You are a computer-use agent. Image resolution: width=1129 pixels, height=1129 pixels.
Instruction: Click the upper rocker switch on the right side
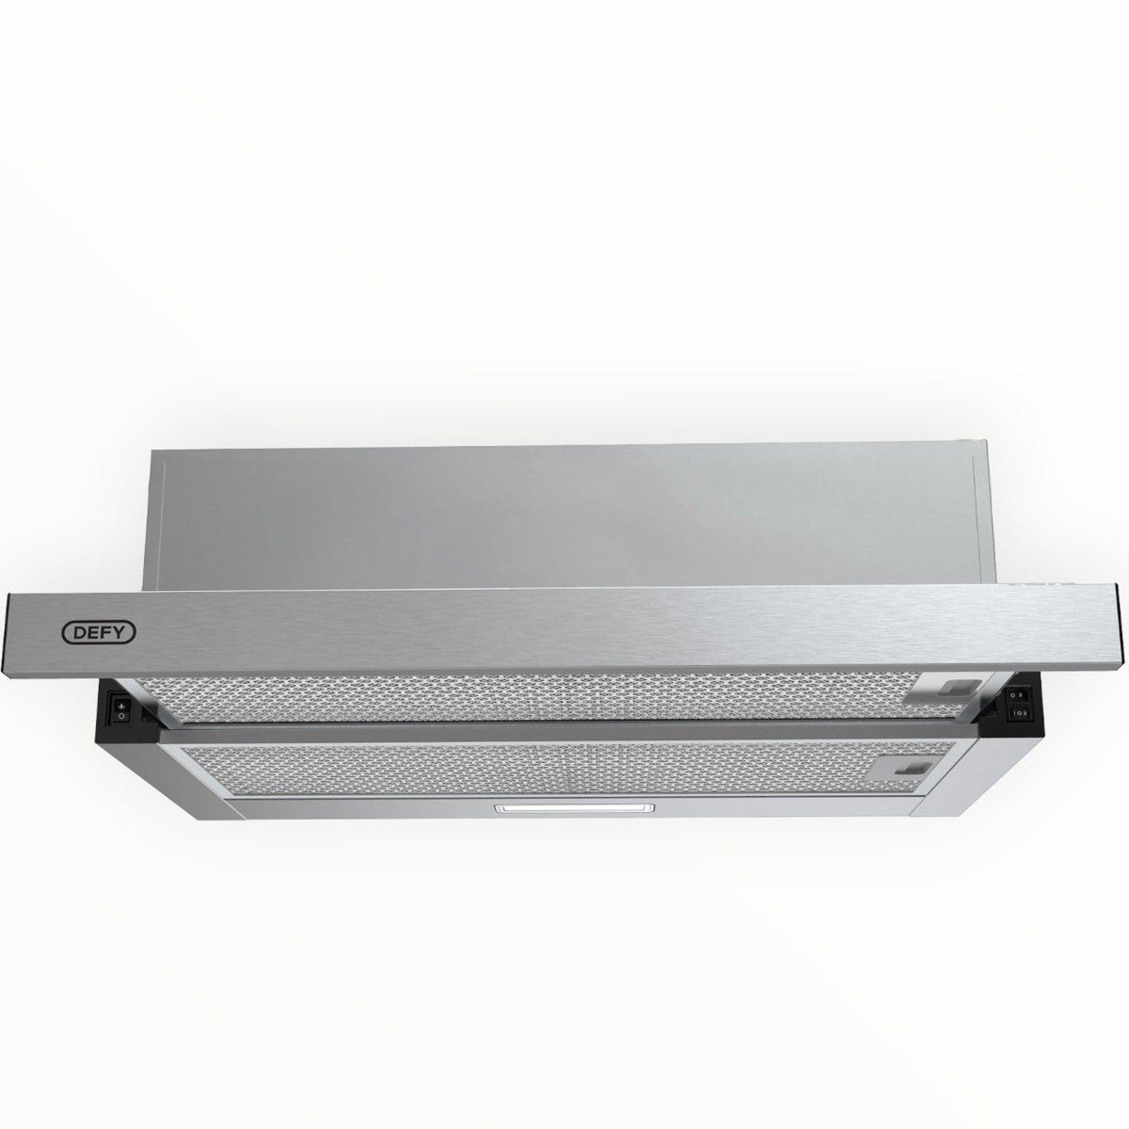[x=1017, y=693]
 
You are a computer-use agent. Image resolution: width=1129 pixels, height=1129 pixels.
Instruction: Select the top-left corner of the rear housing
[x=151, y=450]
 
